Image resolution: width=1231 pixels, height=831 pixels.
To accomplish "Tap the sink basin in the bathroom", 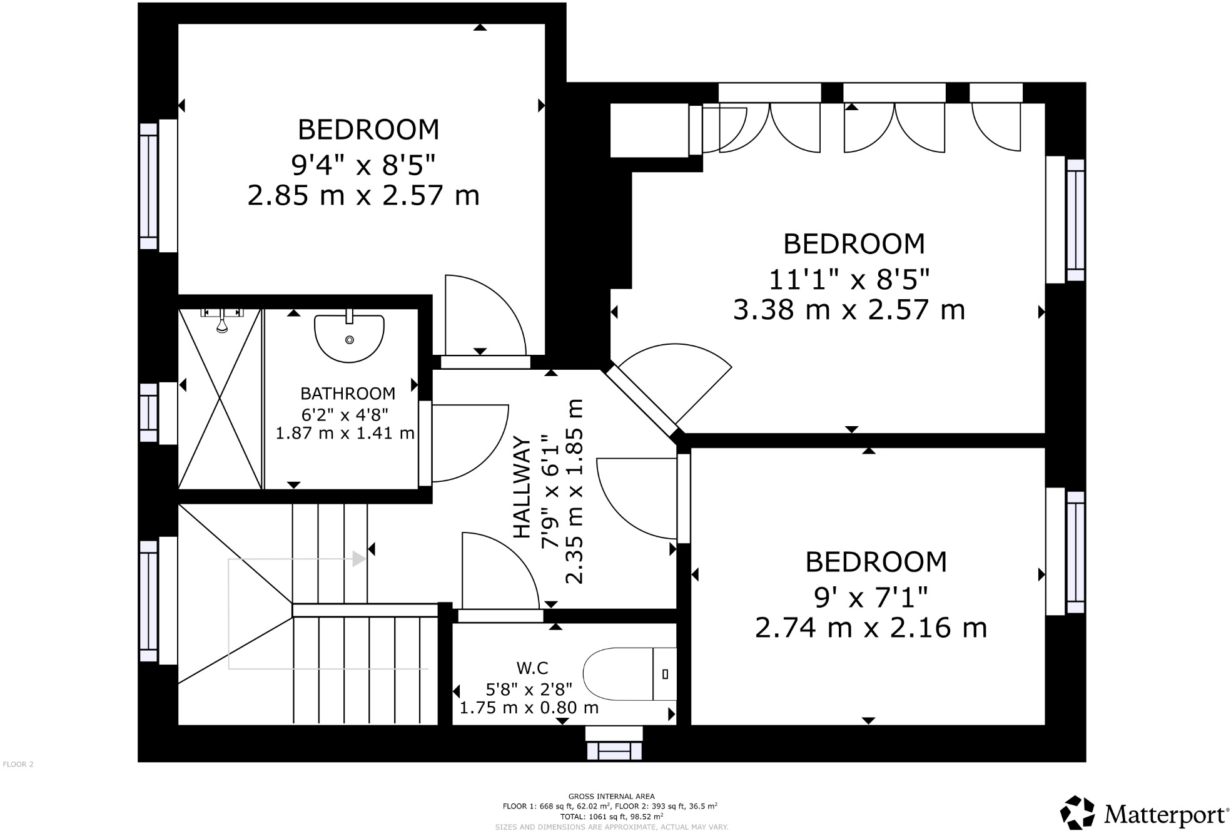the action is (349, 338).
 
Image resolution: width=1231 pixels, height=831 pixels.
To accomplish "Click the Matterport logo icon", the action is (1077, 813).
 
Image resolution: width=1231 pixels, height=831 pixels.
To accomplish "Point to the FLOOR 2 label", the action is (18, 764).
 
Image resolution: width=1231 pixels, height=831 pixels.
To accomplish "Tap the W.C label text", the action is (533, 668).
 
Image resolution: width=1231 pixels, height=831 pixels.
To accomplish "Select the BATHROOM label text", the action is (348, 394).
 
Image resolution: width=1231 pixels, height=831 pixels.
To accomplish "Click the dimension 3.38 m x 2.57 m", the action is (849, 310).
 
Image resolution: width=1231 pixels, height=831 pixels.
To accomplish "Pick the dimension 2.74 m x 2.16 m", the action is (871, 628).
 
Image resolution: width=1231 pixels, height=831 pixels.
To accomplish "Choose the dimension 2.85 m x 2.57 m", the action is (363, 195).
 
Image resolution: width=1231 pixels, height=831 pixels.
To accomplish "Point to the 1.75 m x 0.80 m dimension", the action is (529, 708).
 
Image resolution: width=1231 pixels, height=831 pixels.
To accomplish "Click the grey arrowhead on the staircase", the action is (359, 559).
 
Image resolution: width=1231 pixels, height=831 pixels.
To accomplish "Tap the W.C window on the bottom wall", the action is (614, 743).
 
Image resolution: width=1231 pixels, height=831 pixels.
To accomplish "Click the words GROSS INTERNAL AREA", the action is (611, 797).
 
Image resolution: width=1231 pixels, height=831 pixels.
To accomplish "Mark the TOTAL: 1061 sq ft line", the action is (611, 817).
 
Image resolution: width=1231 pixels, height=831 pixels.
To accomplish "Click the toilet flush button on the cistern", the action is (665, 674).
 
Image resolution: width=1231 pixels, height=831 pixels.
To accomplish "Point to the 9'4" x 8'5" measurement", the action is (363, 165).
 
